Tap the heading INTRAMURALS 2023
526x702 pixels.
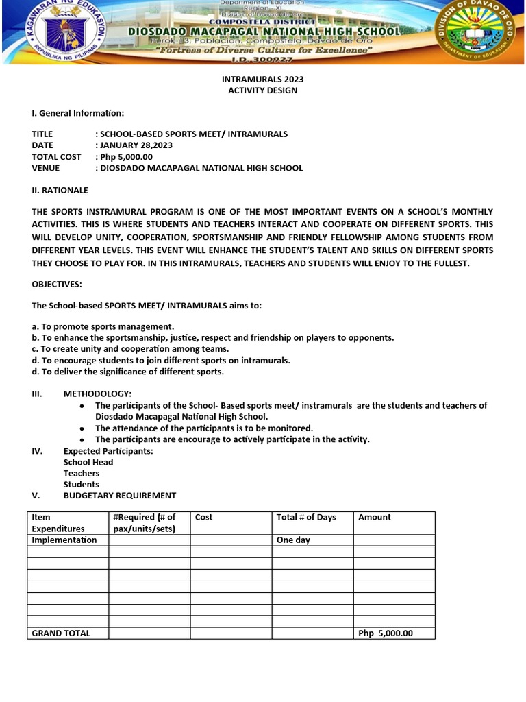(x=262, y=79)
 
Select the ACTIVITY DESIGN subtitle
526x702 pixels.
(x=262, y=90)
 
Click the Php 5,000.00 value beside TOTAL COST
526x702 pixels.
(x=126, y=156)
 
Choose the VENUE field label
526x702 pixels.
(x=46, y=168)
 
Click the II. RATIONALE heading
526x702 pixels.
(x=60, y=190)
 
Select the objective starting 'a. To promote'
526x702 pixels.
(x=103, y=326)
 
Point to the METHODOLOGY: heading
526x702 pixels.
(x=97, y=394)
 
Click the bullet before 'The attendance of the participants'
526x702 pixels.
(x=82, y=428)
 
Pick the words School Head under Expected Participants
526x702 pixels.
(x=88, y=462)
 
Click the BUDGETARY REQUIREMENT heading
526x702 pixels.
(x=119, y=495)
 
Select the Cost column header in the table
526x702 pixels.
(x=204, y=518)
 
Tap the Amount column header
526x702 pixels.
(x=375, y=518)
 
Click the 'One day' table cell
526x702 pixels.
(x=293, y=540)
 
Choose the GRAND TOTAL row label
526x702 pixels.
(x=61, y=633)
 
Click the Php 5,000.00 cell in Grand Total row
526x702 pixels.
(x=386, y=633)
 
